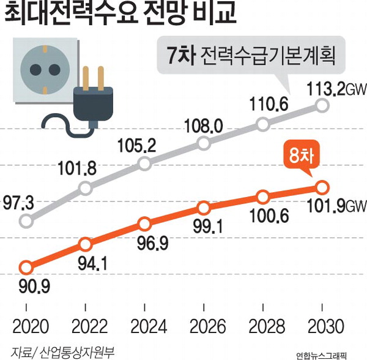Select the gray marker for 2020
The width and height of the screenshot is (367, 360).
pyautogui.click(x=26, y=220)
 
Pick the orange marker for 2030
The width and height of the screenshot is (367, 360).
pyautogui.click(x=322, y=187)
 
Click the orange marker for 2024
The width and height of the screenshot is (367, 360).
pyautogui.click(x=144, y=224)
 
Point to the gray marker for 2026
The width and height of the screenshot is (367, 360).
pyautogui.click(x=204, y=143)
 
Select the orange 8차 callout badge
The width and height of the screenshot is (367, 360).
pyautogui.click(x=301, y=157)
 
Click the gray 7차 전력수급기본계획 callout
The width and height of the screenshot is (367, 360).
pyautogui.click(x=251, y=55)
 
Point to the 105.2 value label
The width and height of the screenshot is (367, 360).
pyautogui.click(x=136, y=146)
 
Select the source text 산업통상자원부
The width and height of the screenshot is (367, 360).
pyautogui.click(x=77, y=352)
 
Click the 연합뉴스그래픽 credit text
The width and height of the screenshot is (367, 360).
pyautogui.click(x=321, y=356)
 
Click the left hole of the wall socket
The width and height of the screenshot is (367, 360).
pyautogui.click(x=35, y=70)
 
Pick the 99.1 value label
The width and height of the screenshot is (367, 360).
pyautogui.click(x=208, y=227)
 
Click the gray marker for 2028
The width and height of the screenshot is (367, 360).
pyautogui.click(x=263, y=124)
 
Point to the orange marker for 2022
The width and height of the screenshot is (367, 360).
pyautogui.click(x=85, y=244)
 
